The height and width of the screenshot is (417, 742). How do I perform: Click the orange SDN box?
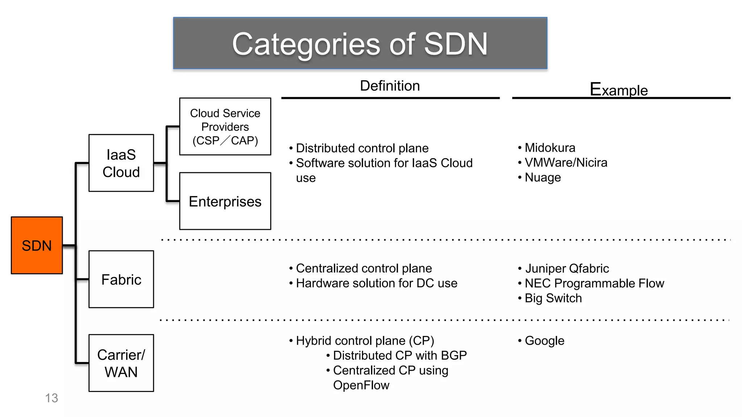pos(37,245)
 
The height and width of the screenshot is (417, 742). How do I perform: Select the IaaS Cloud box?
pos(121,163)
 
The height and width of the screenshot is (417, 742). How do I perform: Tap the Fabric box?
pos(121,279)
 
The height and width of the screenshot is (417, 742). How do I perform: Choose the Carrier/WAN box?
pos(121,363)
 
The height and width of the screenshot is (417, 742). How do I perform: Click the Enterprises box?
pos(225,201)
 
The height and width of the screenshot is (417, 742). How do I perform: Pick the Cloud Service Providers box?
pos(225,126)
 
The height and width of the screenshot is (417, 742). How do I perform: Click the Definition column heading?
pos(390,86)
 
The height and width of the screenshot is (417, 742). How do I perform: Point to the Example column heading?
pos(618,89)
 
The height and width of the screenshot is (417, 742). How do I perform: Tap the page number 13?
pos(51,398)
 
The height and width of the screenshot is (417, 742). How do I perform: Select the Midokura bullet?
pos(550,148)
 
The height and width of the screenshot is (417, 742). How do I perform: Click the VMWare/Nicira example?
pos(566,163)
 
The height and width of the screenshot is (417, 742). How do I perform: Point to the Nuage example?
pos(542,177)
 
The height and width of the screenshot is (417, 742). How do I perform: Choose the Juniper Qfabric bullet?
pos(567,268)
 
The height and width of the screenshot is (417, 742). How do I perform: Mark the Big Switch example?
pos(553,298)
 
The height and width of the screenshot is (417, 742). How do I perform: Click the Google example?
pos(544,341)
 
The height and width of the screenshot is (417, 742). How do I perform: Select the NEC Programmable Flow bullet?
pos(594,283)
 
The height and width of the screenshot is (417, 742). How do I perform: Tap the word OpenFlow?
pos(361,385)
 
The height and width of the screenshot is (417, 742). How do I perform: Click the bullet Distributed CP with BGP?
pos(400,355)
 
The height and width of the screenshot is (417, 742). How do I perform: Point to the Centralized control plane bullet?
pos(364,268)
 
